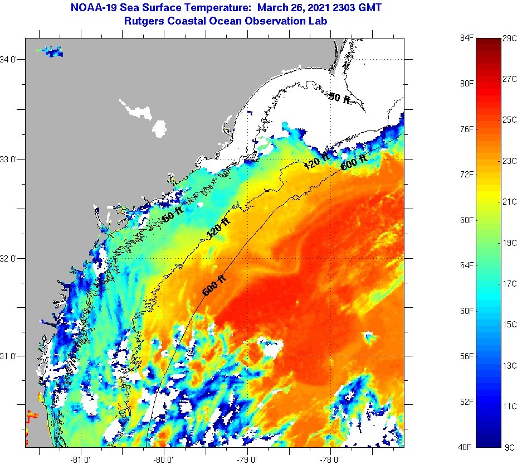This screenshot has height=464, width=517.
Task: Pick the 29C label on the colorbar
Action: (510, 38)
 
